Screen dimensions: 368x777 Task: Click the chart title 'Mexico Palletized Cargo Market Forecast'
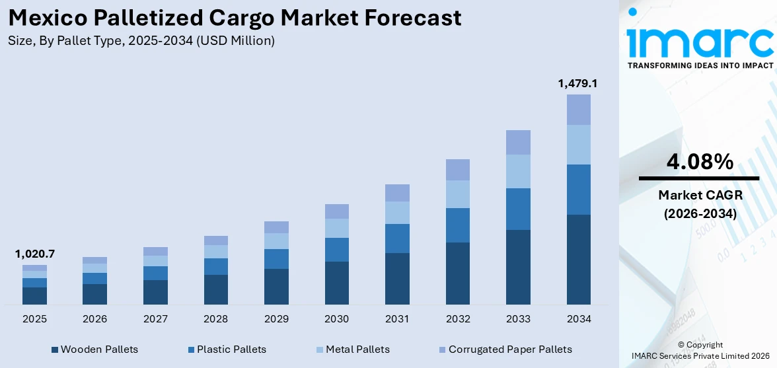[x=235, y=18]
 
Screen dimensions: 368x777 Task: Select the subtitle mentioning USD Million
[x=141, y=41]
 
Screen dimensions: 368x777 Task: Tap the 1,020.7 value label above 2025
[x=34, y=254]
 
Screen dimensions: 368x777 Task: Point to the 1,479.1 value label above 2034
[x=578, y=83]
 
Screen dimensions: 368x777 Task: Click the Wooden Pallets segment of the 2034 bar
[x=578, y=259]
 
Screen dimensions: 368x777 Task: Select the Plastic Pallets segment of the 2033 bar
[x=518, y=209]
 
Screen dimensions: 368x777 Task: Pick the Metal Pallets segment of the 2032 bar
[x=457, y=194]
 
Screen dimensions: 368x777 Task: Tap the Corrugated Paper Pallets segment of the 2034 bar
[x=578, y=110]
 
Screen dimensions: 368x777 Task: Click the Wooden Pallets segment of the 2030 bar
[x=336, y=283]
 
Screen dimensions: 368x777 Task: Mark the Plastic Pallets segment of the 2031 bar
[x=397, y=239]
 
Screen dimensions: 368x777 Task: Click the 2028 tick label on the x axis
[x=215, y=319]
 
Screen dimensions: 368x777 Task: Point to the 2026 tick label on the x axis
[x=94, y=319]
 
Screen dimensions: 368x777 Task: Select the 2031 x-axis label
[x=397, y=319]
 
